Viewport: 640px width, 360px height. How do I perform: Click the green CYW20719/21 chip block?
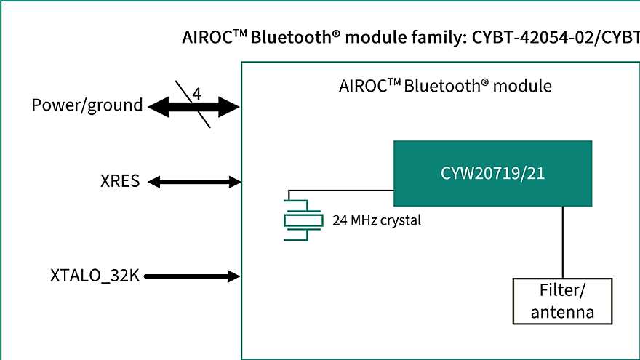(x=492, y=173)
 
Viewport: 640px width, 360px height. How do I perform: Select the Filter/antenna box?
(x=562, y=301)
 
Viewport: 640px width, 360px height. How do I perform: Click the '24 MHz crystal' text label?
(x=376, y=220)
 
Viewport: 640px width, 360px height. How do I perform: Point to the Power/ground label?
(x=87, y=105)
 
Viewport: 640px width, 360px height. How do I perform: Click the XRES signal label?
(x=119, y=182)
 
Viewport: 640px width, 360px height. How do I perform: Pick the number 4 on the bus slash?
(x=196, y=94)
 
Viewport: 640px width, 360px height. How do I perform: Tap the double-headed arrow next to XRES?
(x=194, y=182)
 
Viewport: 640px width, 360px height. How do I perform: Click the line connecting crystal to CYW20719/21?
(x=342, y=191)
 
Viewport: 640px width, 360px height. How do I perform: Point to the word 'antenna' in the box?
(x=562, y=313)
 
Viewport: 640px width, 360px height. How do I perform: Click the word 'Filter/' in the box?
(x=562, y=292)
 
